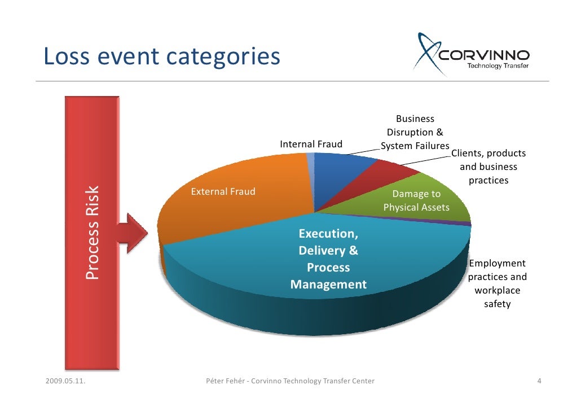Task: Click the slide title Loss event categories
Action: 161,56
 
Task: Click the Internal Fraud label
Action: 311,145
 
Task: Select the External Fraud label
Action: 223,191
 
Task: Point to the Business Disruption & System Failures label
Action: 415,133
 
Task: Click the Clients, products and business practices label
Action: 488,167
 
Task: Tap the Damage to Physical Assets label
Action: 416,201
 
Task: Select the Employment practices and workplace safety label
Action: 497,283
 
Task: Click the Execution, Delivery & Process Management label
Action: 328,259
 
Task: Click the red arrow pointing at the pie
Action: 133,233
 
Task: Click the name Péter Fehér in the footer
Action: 225,381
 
